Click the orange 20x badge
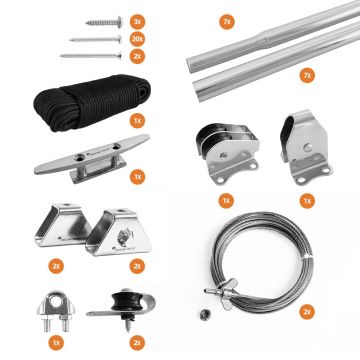[137, 39]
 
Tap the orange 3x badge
[137, 22]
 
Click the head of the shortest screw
[119, 22]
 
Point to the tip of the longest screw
[61, 56]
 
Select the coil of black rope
[92, 102]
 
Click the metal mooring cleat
[92, 157]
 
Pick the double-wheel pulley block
[227, 153]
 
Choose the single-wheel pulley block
[305, 147]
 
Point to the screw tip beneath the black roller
[128, 331]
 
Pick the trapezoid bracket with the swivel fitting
[118, 233]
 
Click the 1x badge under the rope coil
[137, 121]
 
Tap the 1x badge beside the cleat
[137, 177]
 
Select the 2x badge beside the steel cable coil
[307, 312]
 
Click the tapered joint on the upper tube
[265, 38]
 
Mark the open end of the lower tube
[199, 92]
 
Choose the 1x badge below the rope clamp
[56, 342]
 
